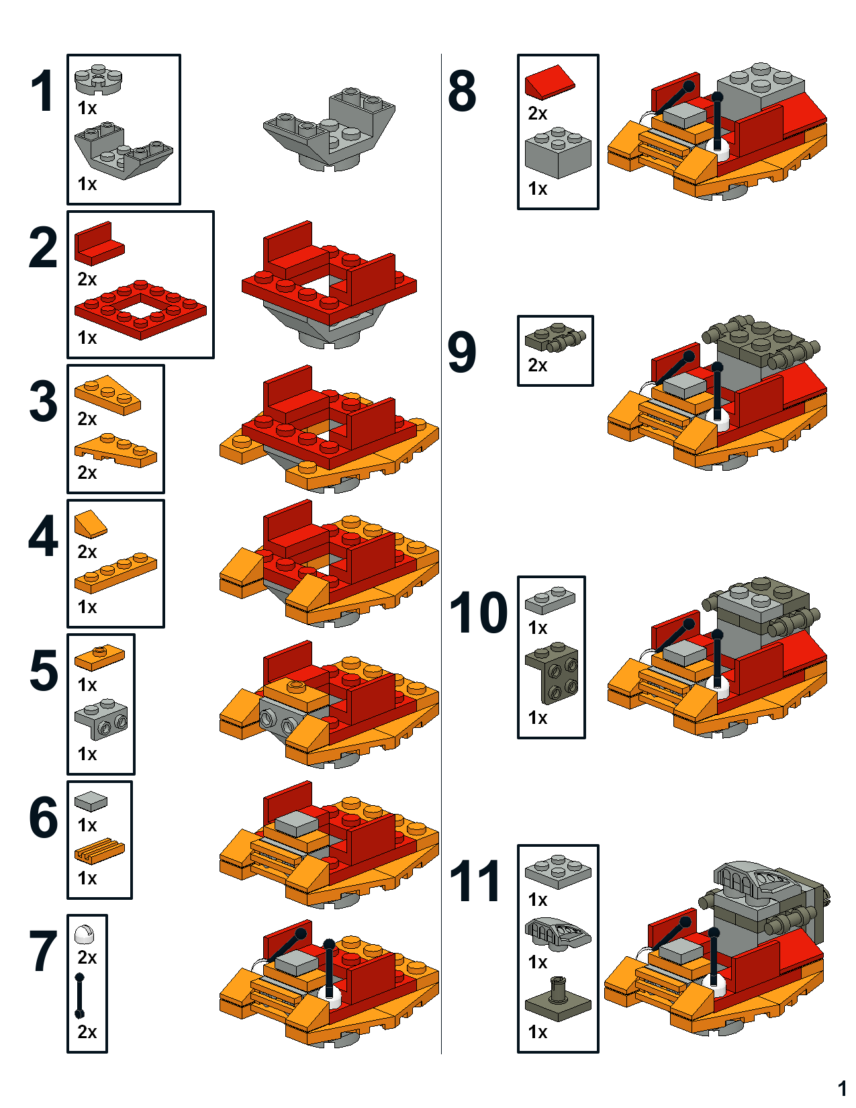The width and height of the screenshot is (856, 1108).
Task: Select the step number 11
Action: click(x=475, y=881)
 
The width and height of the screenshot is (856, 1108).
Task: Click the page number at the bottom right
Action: click(x=843, y=1088)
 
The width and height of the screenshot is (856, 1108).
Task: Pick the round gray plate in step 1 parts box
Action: click(x=98, y=79)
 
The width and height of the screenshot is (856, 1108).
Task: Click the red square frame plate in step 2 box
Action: click(x=140, y=310)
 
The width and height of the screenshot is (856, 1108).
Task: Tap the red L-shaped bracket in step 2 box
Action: click(x=99, y=243)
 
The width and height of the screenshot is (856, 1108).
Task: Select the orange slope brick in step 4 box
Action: click(x=90, y=523)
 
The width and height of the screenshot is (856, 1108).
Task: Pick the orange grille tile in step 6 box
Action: click(x=99, y=851)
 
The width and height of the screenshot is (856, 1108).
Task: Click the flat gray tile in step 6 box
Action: click(x=91, y=800)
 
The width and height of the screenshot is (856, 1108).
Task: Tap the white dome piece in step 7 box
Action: click(x=85, y=933)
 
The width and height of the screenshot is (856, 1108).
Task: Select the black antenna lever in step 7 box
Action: click(x=80, y=995)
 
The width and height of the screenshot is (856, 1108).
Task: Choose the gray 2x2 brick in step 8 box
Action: click(x=557, y=154)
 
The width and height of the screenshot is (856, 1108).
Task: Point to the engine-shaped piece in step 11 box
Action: click(x=557, y=933)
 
